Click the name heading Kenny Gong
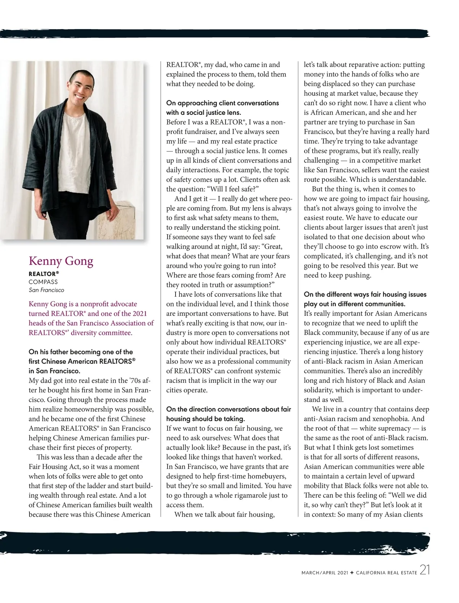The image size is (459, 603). tap(61, 261)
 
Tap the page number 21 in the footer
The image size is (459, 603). tap(425, 570)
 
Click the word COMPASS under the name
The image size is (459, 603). tap(43, 282)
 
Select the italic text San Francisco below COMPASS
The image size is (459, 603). tap(46, 290)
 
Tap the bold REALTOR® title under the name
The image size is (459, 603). tap(44, 274)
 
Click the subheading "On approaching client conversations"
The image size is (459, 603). tap(222, 103)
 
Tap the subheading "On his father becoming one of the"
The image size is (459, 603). tap(81, 352)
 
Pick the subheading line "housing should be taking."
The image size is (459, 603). tap(205, 419)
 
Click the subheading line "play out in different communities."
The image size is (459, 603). tap(354, 304)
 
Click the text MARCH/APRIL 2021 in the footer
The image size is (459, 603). tap(325, 573)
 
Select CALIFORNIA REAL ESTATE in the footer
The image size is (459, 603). tap(386, 573)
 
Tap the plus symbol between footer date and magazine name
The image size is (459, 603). tap(352, 573)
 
